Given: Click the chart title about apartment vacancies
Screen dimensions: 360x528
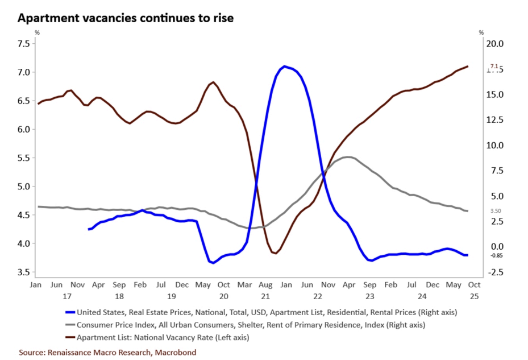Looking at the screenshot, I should [126, 18].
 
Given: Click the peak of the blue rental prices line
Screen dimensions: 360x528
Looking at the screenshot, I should [284, 66].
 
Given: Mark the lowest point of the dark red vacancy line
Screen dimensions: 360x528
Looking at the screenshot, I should [275, 253].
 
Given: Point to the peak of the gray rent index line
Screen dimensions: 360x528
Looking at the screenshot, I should [348, 157].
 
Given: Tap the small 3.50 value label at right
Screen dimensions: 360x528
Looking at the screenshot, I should [496, 211].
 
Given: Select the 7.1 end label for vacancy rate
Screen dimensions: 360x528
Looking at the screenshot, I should [494, 67].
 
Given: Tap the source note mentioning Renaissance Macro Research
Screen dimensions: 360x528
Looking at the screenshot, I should [107, 353].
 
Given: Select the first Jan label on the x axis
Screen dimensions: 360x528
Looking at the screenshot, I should [36, 284].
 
